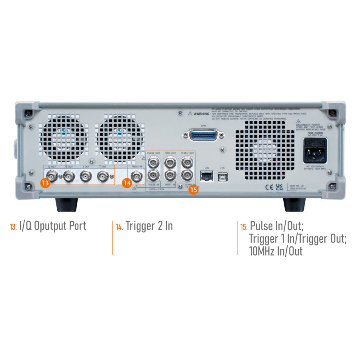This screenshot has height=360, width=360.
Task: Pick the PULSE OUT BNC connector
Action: tap(153, 162)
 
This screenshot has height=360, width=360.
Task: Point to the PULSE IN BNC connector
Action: tap(153, 175)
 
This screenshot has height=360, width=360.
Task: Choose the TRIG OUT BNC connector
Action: tap(170, 162)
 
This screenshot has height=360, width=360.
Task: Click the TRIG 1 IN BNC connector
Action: tap(170, 175)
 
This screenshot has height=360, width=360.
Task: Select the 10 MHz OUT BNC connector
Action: tap(186, 162)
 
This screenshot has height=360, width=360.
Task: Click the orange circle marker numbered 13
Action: tap(46, 183)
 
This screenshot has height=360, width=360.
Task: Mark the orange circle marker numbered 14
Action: tap(127, 183)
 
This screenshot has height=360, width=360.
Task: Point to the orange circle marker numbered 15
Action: tap(194, 190)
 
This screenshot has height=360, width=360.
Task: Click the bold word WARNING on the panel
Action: tap(201, 114)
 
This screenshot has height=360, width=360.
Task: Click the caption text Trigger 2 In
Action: tap(149, 226)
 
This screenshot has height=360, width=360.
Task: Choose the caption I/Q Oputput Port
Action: tap(52, 226)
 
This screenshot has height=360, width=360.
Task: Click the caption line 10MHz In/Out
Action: tap(276, 251)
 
